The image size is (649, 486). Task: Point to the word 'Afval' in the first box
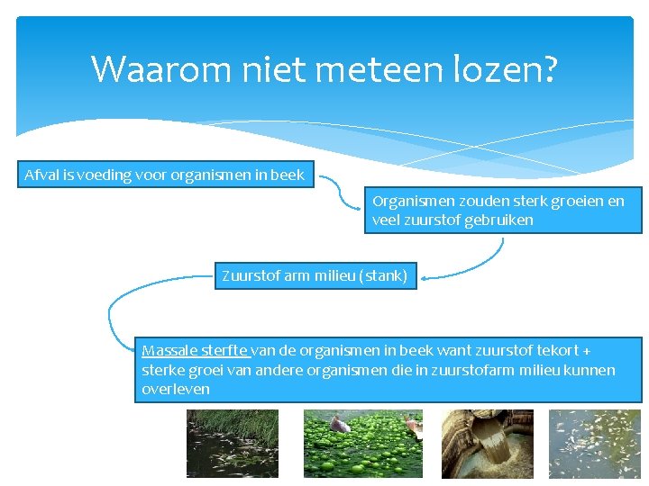point(41,175)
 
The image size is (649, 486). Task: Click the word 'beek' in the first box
point(288,175)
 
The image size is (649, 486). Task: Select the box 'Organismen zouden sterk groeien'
point(503,211)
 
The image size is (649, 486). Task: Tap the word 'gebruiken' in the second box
point(498,220)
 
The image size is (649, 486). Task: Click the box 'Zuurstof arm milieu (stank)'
point(315,275)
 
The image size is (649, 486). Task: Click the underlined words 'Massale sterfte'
point(195,350)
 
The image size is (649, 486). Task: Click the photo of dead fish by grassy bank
point(232,443)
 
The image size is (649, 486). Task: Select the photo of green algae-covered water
point(362,443)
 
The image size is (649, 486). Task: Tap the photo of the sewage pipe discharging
point(487,443)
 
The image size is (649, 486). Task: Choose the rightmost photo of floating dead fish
point(594,443)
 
